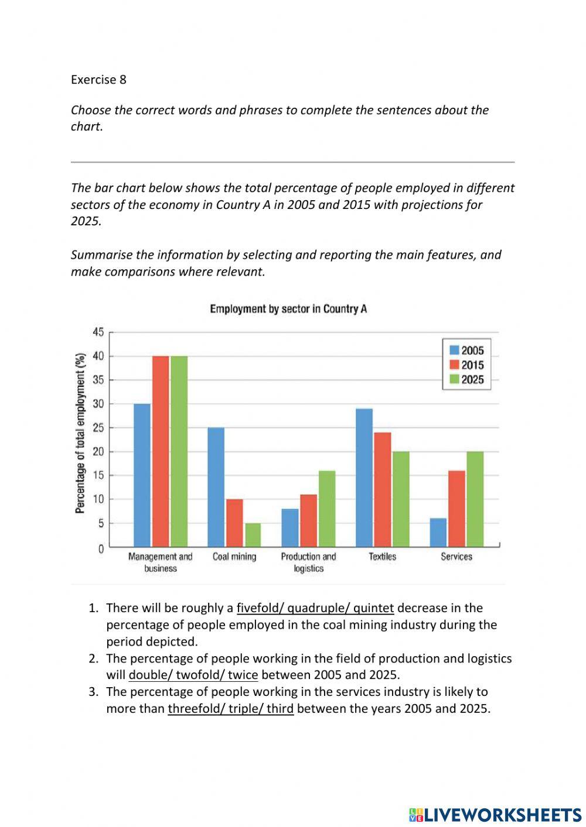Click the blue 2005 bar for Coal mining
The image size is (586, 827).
(216, 487)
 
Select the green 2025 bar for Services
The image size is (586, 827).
(475, 499)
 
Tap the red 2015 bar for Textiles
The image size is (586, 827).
(382, 489)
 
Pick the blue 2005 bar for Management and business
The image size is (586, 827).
(142, 475)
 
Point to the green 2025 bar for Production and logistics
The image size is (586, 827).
(327, 508)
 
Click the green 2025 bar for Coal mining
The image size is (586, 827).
(253, 534)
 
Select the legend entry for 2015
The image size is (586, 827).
(466, 365)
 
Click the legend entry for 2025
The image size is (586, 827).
(466, 380)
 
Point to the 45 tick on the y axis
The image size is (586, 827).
(98, 332)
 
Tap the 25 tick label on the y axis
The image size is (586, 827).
(98, 428)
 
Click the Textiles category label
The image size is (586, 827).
(382, 557)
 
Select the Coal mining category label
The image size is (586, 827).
(234, 557)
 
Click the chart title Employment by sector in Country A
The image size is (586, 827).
(288, 309)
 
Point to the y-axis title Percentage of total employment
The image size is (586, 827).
(80, 433)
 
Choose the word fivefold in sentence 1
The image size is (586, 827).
(259, 608)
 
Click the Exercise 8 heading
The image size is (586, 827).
(98, 80)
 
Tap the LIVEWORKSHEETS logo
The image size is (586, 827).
(495, 814)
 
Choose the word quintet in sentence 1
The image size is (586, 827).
(373, 608)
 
